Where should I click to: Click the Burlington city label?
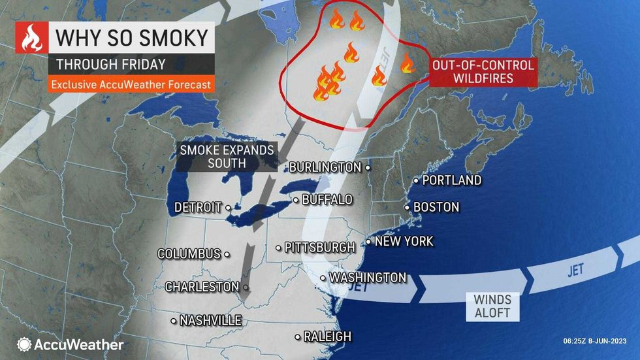(325, 167)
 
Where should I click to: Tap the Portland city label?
(451, 180)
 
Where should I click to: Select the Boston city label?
(436, 207)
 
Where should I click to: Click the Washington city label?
(368, 278)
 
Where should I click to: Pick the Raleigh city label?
(327, 336)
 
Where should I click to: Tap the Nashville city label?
(210, 320)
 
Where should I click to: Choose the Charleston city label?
(202, 287)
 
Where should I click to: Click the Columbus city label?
(189, 254)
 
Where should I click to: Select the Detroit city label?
(198, 208)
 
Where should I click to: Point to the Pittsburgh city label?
(319, 248)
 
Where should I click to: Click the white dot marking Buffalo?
(296, 199)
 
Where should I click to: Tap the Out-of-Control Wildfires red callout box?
(482, 72)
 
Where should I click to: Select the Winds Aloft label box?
(492, 306)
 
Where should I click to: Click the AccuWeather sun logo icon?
(24, 344)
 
